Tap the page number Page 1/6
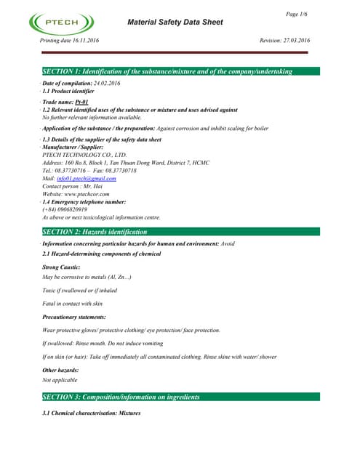297,14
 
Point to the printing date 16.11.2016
84,41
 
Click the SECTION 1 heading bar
179,71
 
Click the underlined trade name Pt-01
81,102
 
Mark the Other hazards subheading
63,369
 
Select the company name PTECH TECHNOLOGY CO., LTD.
85,155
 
